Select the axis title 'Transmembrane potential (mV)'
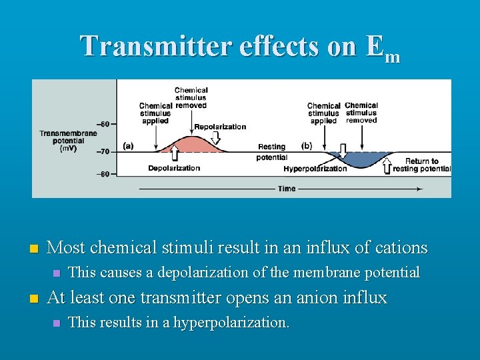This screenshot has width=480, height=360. click(x=68, y=141)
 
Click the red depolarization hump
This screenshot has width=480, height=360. click(x=193, y=145)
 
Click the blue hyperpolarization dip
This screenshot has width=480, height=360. click(x=360, y=159)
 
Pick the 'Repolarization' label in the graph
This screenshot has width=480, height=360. click(x=220, y=127)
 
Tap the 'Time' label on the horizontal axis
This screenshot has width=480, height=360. click(x=287, y=189)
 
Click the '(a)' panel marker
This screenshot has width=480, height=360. click(x=128, y=145)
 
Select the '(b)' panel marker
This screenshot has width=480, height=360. click(x=307, y=145)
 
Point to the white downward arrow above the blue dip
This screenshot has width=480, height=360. click(x=343, y=149)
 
